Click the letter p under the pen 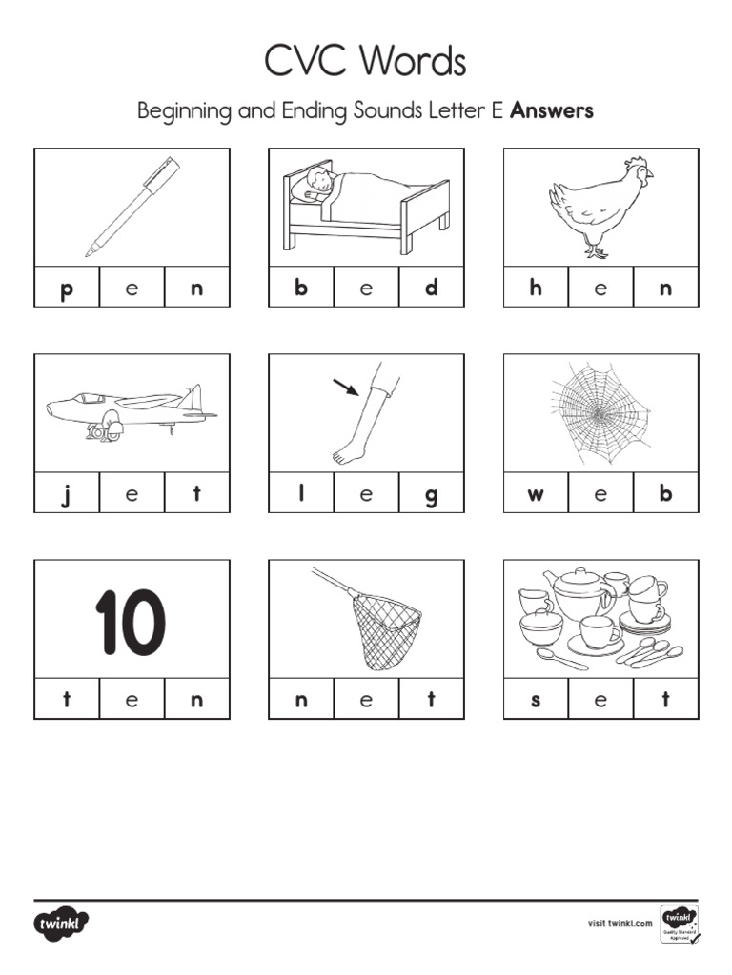point(66,289)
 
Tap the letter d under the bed point(431,288)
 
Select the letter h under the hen point(536,288)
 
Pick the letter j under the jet point(66,494)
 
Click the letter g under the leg point(431,495)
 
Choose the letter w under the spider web point(536,494)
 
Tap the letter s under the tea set point(536,701)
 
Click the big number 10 point(131,624)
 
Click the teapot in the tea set point(577,594)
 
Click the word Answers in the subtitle point(552,110)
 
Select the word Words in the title point(414,63)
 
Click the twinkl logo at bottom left point(62,923)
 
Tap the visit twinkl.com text point(620,923)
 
